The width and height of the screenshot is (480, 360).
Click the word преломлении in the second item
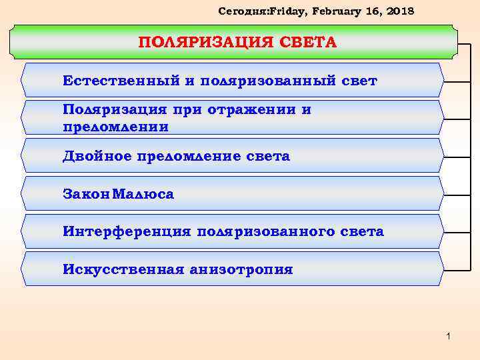click(x=115, y=126)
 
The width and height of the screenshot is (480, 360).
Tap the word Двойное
click(x=99, y=157)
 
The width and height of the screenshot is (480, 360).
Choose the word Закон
click(x=86, y=195)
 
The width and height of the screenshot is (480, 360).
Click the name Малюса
click(x=143, y=195)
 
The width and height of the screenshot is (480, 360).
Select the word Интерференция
click(x=127, y=232)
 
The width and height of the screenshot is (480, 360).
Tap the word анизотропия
click(x=241, y=269)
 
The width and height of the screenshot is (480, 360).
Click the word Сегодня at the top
click(x=239, y=11)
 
